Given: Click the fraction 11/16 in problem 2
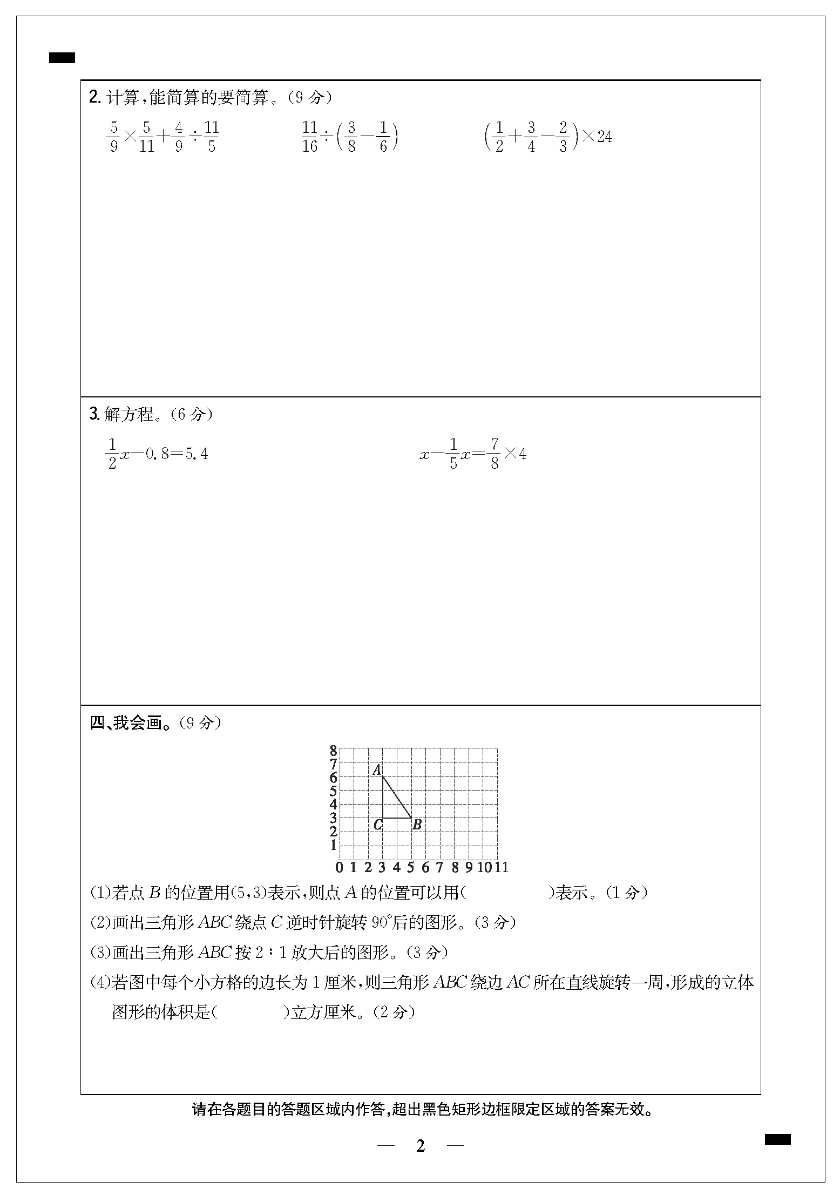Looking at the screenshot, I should click(309, 137).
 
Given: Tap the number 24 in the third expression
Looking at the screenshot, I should click(605, 137).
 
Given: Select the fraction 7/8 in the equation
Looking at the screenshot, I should click(494, 454).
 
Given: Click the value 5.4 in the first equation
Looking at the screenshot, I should click(197, 454).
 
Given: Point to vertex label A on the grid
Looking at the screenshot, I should click(377, 770).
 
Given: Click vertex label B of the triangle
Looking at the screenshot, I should click(417, 825).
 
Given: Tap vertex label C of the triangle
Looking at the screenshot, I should click(378, 825).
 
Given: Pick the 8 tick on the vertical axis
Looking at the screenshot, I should click(333, 751).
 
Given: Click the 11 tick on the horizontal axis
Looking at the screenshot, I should click(502, 867).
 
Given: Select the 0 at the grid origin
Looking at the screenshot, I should click(339, 867).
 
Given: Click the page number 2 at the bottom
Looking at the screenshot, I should click(421, 1146).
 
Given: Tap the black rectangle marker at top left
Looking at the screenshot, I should click(62, 58).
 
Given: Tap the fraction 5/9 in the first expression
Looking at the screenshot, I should click(113, 137).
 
